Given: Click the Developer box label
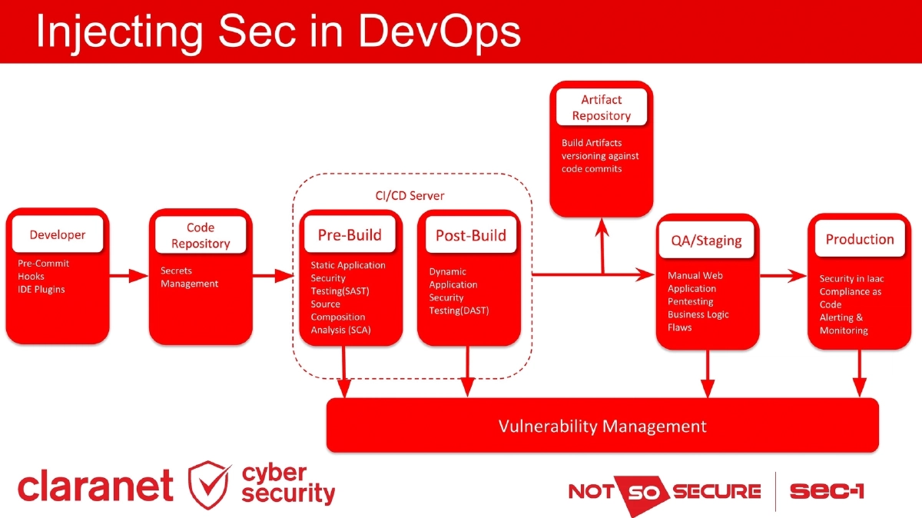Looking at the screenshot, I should pos(58,234).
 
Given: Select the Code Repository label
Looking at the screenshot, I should pos(201,235).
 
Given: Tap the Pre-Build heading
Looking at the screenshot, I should pos(350,235).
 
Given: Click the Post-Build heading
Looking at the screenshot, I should pos(470,235).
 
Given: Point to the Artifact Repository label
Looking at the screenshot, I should pos(601,108).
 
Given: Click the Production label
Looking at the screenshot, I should pos(859,239).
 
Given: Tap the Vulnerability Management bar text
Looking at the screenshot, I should pos(602,426).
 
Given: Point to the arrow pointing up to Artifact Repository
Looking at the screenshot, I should pos(603,242).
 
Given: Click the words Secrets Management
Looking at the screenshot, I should pos(189,277).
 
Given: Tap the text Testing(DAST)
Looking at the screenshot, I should pos(459,310).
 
